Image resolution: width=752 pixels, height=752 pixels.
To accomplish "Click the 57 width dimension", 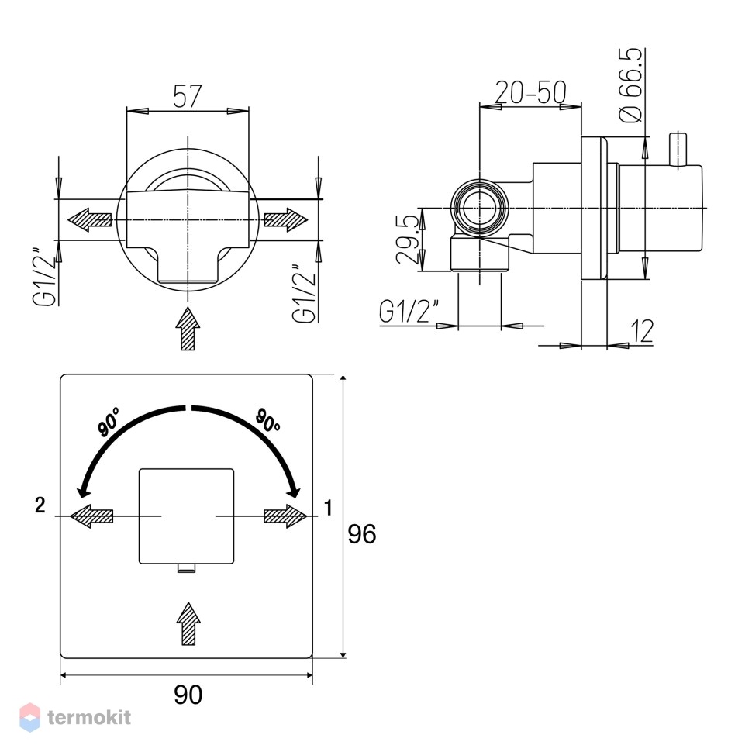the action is click(x=188, y=96).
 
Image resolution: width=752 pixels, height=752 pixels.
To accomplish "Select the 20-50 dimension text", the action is click(x=530, y=92).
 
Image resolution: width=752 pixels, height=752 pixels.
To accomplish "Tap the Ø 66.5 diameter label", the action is click(x=630, y=85).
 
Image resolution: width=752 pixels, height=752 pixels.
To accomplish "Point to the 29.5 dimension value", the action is click(x=408, y=240).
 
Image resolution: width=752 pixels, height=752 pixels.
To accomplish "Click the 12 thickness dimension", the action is click(x=642, y=331).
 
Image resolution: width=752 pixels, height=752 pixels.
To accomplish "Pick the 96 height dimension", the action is click(x=361, y=534).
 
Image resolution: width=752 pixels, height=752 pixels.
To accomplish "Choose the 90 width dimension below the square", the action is click(x=188, y=695).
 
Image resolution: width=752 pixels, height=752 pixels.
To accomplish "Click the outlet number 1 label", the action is click(x=329, y=508).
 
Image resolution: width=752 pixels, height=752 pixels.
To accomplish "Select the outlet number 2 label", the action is click(x=40, y=505).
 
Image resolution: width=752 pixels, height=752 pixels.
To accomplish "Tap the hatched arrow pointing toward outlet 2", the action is click(x=91, y=516).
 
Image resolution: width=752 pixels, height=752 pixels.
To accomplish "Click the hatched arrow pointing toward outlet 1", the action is click(x=285, y=516).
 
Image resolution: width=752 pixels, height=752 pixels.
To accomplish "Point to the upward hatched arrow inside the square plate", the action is click(x=188, y=623).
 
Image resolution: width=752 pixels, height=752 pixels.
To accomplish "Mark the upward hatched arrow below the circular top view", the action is click(x=188, y=329).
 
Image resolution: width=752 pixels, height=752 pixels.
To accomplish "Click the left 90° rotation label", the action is click(x=109, y=422).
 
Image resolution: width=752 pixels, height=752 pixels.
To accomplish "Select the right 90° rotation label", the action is click(x=267, y=420).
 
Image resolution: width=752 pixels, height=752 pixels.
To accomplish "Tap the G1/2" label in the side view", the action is click(x=408, y=312).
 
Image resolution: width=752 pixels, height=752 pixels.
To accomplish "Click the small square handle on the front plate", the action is click(x=187, y=516).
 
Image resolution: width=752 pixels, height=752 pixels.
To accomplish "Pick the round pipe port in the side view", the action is click(x=480, y=208).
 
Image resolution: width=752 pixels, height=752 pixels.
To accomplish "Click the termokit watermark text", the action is click(x=89, y=717).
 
